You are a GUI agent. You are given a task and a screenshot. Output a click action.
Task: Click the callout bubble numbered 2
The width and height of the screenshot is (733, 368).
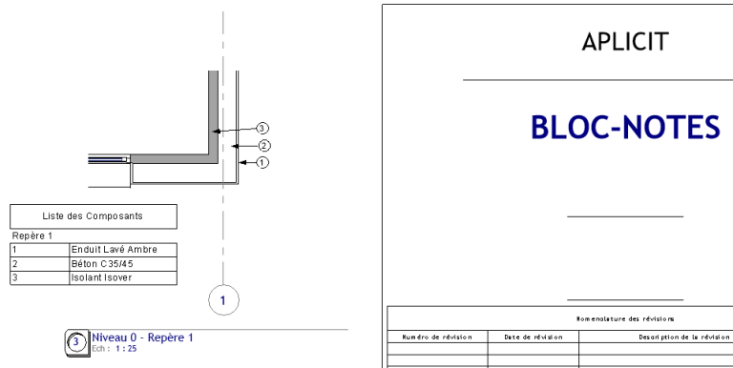(265, 145)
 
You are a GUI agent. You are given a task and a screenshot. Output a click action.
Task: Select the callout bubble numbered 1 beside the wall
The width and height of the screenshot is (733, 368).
(263, 163)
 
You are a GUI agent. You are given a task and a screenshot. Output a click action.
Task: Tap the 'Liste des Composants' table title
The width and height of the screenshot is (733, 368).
(94, 215)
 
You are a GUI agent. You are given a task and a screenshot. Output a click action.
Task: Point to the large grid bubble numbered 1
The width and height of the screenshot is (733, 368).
(222, 299)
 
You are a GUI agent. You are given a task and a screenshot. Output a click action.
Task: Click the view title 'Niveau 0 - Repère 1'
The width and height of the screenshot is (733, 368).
(143, 337)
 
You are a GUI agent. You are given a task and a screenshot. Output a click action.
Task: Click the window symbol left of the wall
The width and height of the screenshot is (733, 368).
(107, 159)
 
